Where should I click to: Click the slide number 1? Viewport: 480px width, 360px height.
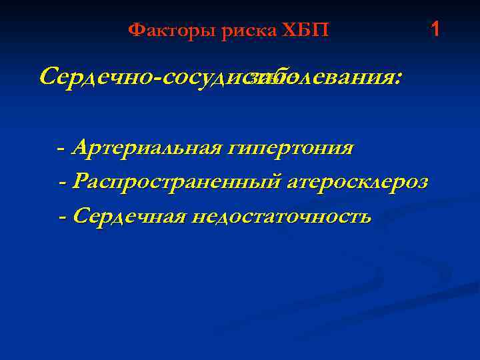[435, 29]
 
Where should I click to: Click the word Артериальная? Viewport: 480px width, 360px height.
[146, 147]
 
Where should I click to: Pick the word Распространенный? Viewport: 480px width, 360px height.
[177, 182]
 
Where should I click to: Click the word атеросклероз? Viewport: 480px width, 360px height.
[357, 182]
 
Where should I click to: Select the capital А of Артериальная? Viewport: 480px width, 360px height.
[79, 147]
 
